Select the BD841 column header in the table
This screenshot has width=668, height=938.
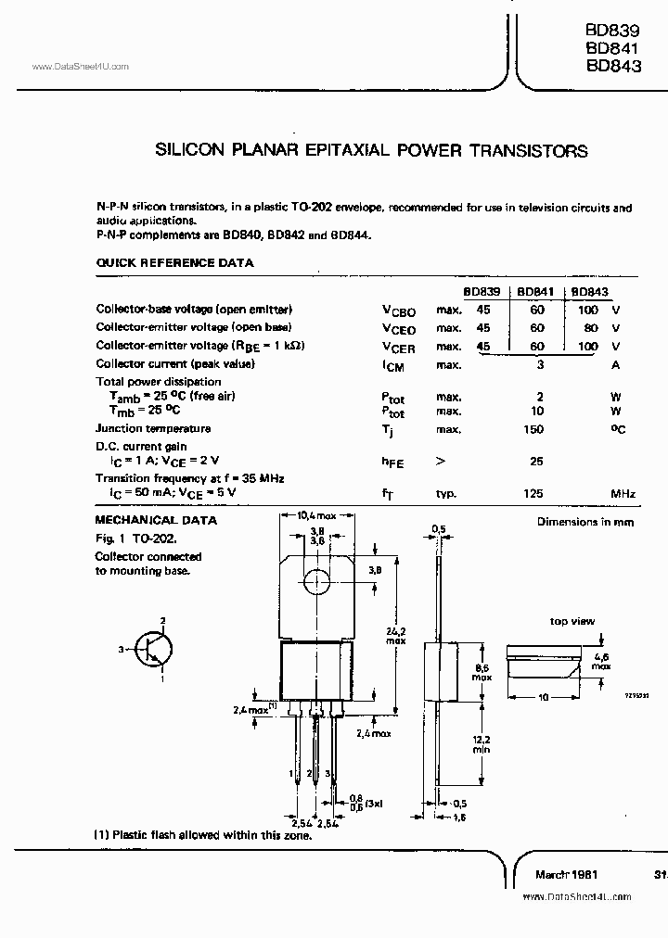[535, 291]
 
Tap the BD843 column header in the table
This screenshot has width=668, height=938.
[586, 291]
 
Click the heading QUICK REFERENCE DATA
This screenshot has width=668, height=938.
[174, 263]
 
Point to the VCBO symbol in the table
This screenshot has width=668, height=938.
[398, 311]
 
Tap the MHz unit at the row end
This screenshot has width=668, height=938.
[623, 495]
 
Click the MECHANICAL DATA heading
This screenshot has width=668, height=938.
[157, 521]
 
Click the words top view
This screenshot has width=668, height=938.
[572, 621]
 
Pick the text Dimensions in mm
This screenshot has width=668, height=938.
[586, 522]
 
